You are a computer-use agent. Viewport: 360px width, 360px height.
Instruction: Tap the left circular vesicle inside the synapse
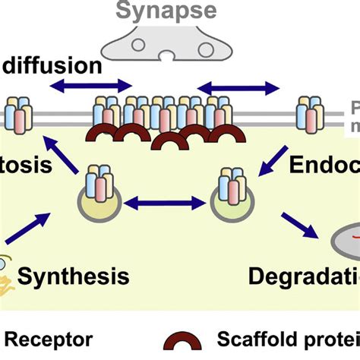[x=139, y=44]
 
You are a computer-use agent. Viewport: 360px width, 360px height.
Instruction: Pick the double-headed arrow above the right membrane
[x=238, y=89]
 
